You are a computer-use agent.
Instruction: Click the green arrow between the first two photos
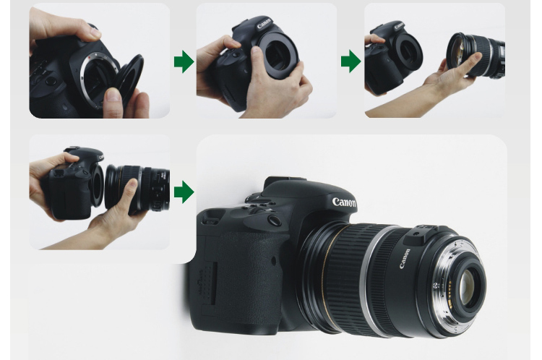coord(184,61)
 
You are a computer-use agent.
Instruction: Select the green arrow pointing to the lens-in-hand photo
coord(350,61)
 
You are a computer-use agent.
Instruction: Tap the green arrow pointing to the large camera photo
coord(184,192)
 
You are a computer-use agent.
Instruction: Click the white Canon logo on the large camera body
coord(344,202)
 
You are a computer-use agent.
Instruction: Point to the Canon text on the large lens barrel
coord(405,257)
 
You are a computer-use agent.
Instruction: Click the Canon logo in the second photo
coord(264,24)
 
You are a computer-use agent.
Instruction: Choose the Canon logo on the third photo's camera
coord(399,25)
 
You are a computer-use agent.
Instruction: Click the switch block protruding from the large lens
coord(423,236)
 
